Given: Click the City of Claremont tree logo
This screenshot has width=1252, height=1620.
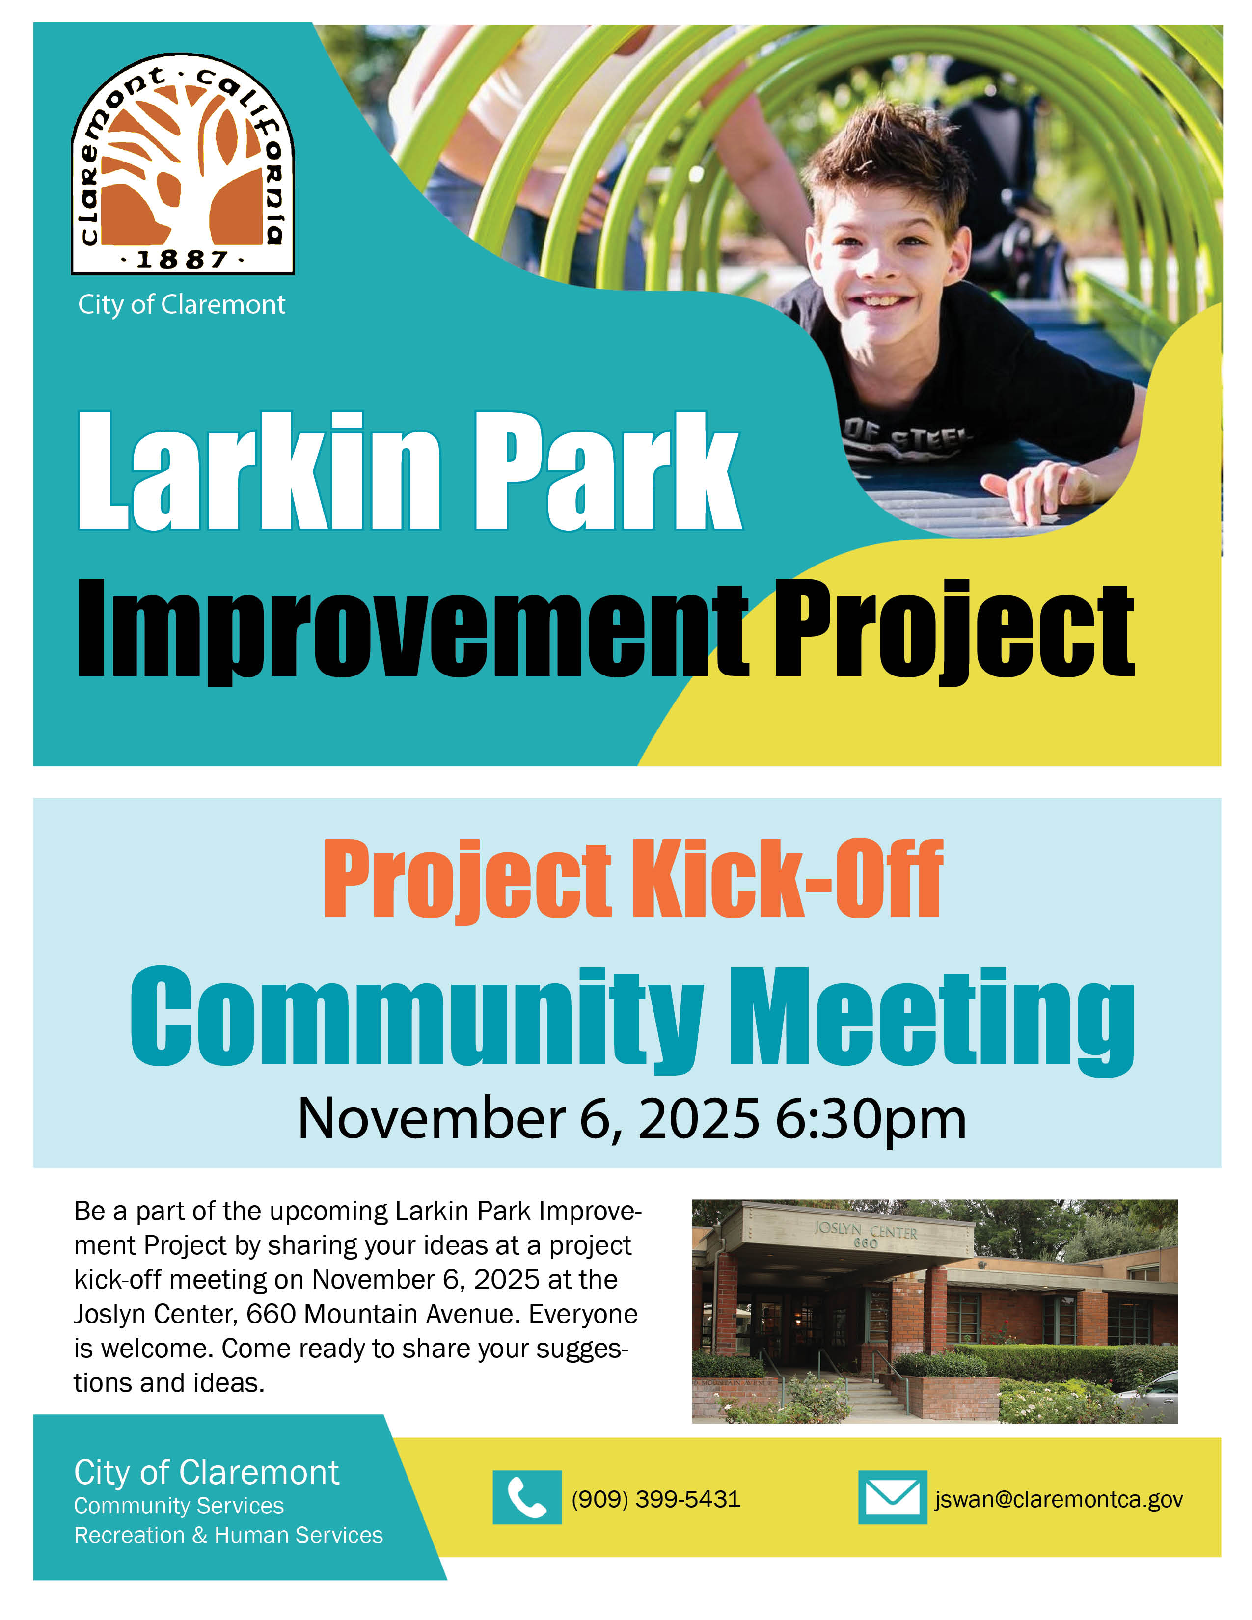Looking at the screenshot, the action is coord(183,163).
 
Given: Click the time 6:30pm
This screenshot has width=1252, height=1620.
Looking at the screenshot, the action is coord(871,1119).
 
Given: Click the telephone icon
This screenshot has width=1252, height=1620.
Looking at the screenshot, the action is coord(527,1497).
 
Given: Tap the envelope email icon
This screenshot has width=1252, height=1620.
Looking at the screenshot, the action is coord(892,1497).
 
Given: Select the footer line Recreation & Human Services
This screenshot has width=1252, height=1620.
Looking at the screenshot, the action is coord(228,1535).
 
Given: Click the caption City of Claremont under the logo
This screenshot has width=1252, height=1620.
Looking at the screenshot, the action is coord(182,305).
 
